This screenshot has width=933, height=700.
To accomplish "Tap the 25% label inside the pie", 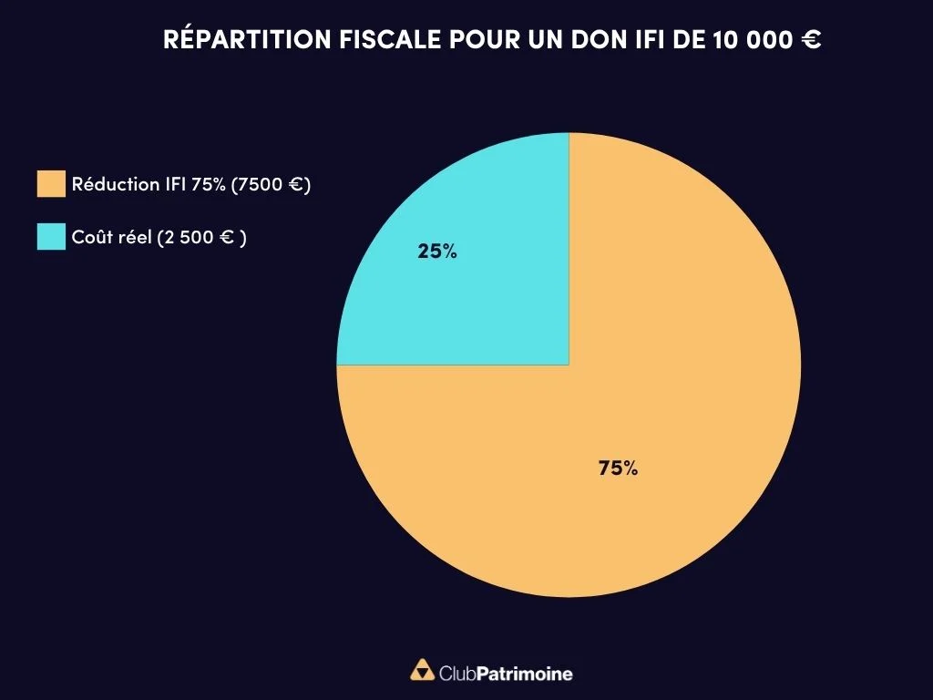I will (437, 252).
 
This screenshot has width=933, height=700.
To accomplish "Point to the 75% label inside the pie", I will (618, 468).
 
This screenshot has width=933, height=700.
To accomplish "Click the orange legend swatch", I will (51, 183).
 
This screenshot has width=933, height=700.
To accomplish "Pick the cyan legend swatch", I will (51, 236).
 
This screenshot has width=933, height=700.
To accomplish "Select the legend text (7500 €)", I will (272, 183).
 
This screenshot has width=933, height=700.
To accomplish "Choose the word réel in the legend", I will (134, 236).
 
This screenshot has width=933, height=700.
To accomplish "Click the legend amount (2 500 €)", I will (201, 236).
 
